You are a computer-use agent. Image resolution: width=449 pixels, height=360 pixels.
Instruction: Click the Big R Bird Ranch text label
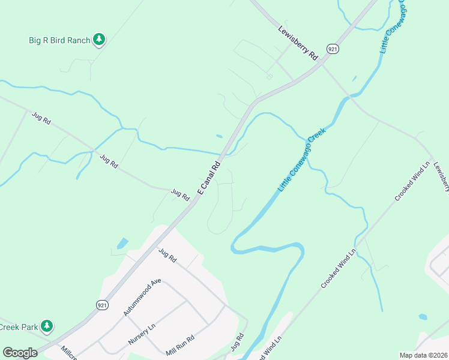click(x=59, y=41)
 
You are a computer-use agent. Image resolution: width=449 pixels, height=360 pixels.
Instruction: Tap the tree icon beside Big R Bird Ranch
click(x=99, y=40)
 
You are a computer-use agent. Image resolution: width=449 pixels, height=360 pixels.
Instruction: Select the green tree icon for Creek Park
click(x=47, y=327)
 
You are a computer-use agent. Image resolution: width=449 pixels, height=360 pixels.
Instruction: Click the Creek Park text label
click(x=19, y=327)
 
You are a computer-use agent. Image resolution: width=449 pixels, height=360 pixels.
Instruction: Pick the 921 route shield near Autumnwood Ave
click(x=103, y=305)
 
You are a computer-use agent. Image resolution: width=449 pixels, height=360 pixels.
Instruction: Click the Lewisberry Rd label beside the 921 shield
click(x=298, y=42)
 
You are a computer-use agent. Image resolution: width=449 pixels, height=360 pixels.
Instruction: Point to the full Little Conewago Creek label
click(x=301, y=160)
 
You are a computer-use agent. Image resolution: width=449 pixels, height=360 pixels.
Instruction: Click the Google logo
click(x=20, y=353)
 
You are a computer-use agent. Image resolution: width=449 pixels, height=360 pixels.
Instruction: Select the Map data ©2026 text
click(x=423, y=355)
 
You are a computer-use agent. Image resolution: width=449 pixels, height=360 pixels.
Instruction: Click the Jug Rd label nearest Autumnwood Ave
click(x=167, y=256)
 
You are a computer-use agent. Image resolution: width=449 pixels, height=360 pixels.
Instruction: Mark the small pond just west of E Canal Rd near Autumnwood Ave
click(x=122, y=244)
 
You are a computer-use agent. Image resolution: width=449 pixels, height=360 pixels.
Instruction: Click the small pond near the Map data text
click(x=423, y=317)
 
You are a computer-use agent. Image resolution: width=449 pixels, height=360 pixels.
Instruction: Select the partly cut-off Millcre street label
click(x=68, y=353)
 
